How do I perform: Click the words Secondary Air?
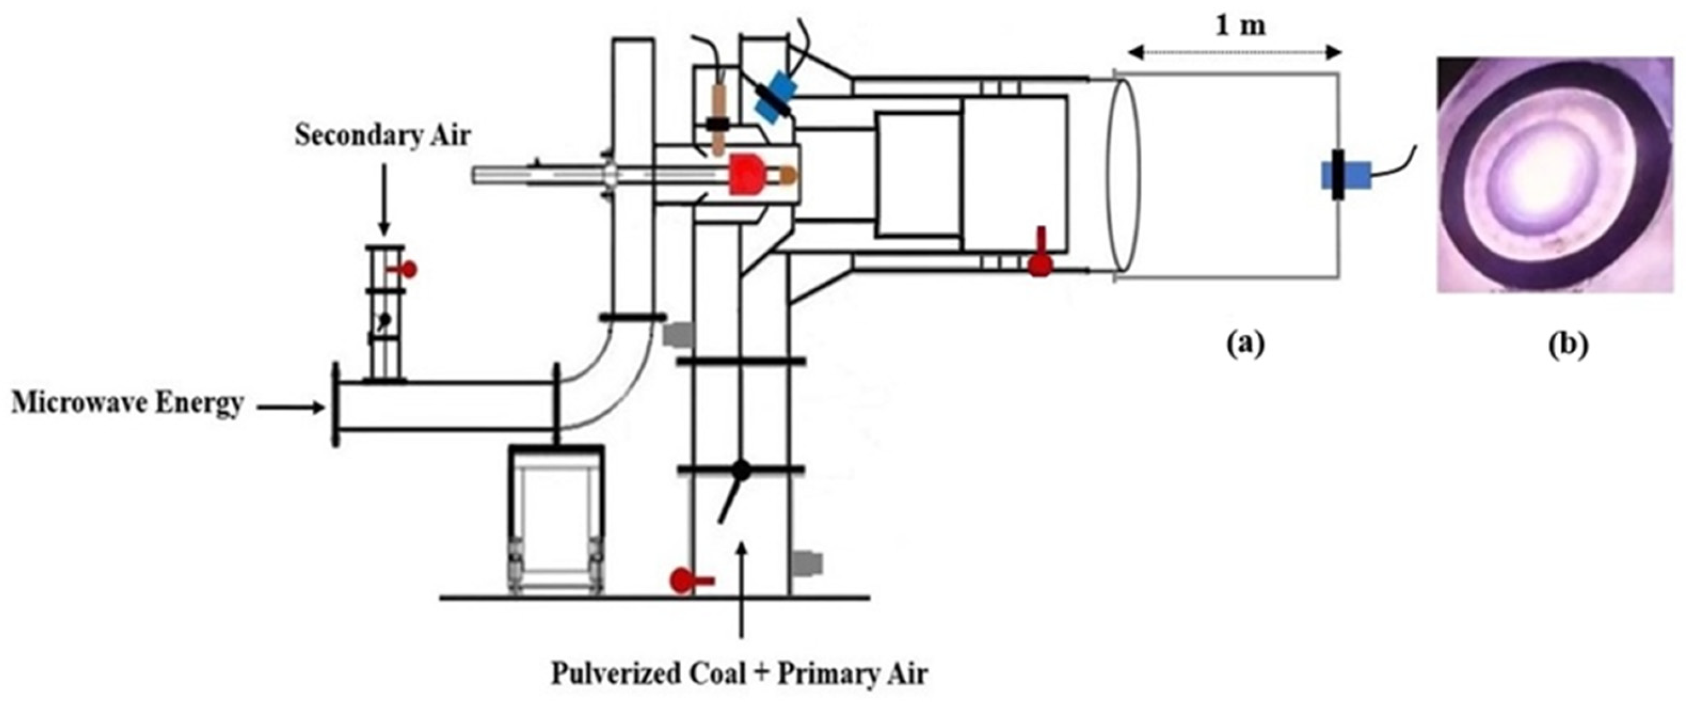(x=382, y=135)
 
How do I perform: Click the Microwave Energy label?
(x=128, y=404)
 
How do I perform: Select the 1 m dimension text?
(x=1241, y=26)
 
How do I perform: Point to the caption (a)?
(x=1245, y=344)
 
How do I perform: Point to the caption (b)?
(x=1568, y=345)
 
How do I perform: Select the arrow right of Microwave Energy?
(x=291, y=408)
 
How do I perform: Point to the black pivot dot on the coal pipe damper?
(x=741, y=468)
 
